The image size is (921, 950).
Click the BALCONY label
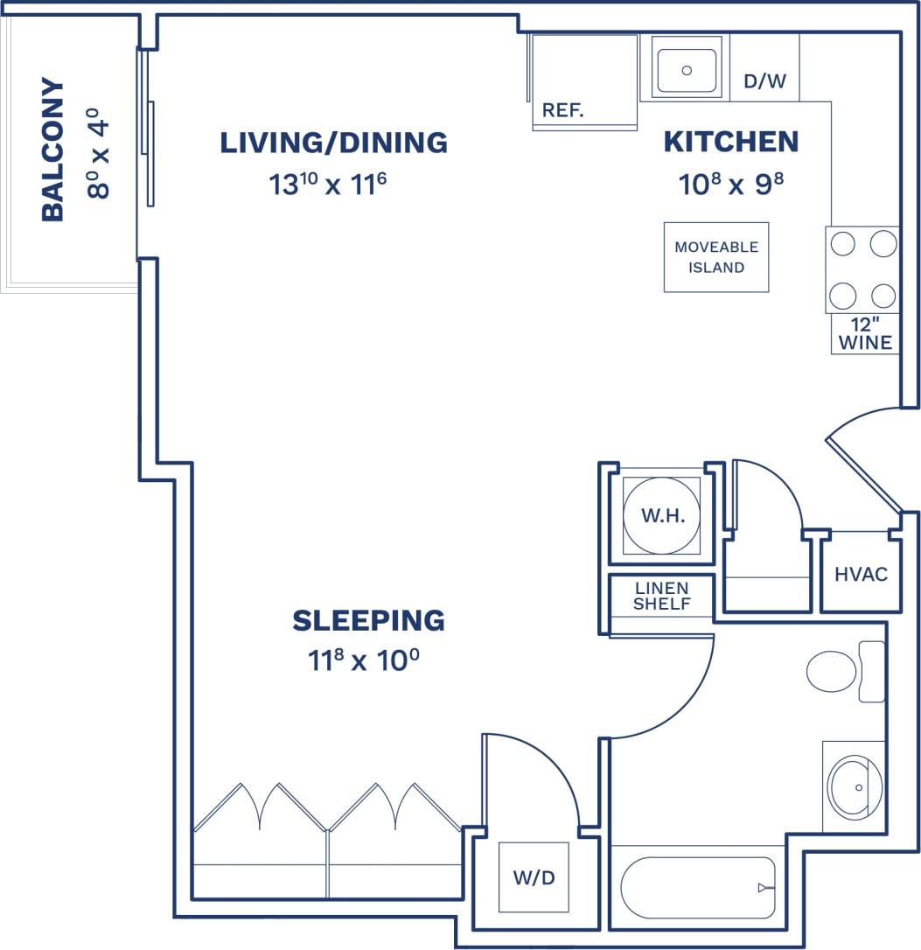point(53,150)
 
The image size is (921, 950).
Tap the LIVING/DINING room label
point(333,142)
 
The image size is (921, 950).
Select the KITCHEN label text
point(731,141)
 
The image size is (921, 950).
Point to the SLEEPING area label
point(368,620)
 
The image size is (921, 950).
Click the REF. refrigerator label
point(562,110)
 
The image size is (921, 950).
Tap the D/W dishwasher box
point(764,81)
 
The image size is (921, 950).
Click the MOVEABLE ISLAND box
point(716,257)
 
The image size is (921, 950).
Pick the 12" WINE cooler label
point(865,334)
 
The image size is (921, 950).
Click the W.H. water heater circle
point(662,515)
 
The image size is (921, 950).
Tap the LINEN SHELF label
point(662,596)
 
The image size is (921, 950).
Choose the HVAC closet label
point(861,574)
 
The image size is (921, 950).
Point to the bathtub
point(698,887)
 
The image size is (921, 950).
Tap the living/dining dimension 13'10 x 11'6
point(328,185)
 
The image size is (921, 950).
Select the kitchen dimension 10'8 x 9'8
point(728,184)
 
